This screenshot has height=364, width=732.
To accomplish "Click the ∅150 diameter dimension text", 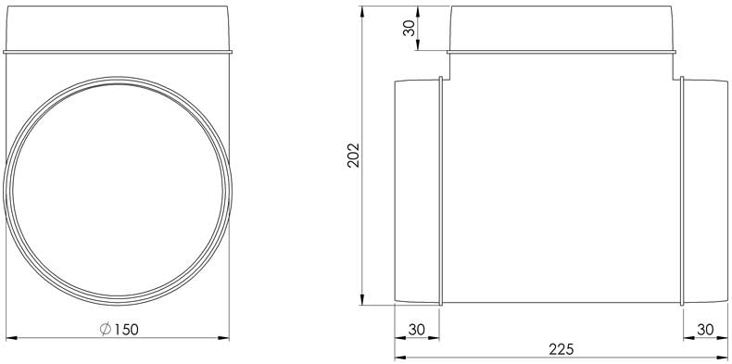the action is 119,329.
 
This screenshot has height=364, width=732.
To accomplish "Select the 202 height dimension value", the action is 353,155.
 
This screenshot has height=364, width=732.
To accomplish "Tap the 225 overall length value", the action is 561,349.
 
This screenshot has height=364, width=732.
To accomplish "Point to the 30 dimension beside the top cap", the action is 409,28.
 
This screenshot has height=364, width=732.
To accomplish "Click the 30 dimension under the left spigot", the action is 416,330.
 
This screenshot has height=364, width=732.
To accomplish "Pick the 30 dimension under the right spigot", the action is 705,330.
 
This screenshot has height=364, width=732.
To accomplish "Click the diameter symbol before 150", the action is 105,329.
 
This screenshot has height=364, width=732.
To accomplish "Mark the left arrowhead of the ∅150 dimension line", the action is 11,337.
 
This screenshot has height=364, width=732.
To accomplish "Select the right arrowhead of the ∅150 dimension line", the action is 223,337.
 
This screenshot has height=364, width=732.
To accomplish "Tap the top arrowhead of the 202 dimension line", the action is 362,12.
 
